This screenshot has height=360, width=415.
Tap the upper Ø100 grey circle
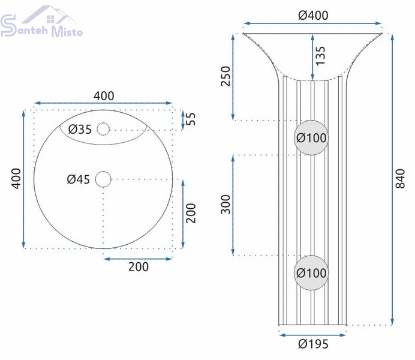(311, 137)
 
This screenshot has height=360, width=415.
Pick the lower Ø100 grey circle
(311, 272)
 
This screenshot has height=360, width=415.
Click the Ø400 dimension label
(313, 16)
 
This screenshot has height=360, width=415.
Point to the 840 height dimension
(400, 179)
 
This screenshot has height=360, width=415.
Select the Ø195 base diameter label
(313, 344)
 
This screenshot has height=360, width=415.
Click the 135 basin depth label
(320, 56)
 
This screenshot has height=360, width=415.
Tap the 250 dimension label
(225, 76)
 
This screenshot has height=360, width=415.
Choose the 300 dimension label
(225, 205)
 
